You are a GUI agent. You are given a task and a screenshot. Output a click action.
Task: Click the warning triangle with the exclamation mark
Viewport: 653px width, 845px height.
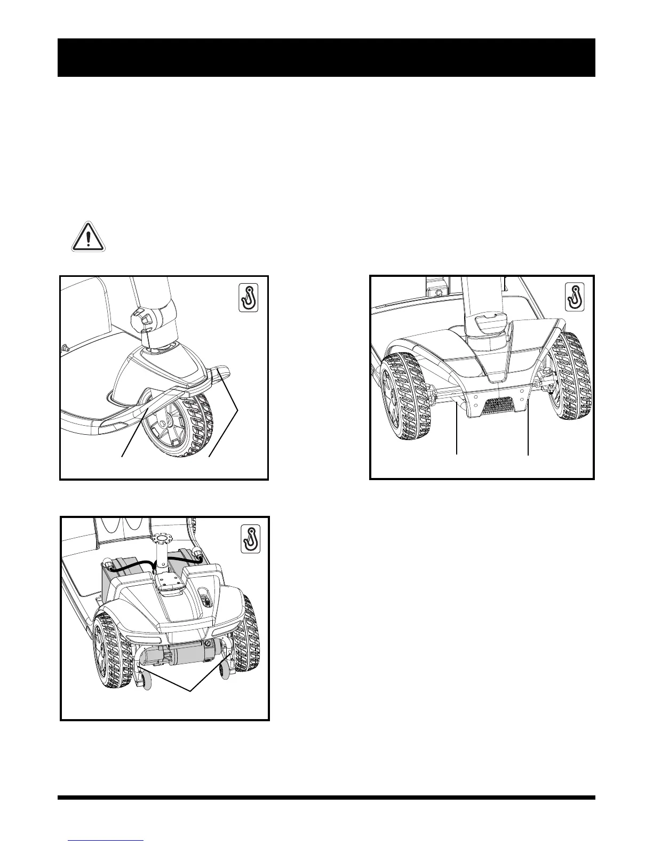(x=89, y=237)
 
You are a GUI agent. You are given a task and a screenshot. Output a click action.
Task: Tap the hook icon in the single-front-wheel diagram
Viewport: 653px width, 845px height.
(x=248, y=297)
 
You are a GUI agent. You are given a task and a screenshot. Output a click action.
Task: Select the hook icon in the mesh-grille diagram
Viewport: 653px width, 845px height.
(x=575, y=297)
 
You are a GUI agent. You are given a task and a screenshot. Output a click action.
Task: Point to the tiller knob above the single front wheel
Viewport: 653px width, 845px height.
(x=141, y=318)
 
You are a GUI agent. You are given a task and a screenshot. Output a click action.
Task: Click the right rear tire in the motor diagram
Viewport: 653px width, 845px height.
(x=248, y=640)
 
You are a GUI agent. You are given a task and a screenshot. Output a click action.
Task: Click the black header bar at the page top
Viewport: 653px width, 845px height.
(x=326, y=58)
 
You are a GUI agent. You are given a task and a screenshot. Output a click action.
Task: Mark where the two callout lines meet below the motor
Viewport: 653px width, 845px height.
(x=191, y=692)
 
